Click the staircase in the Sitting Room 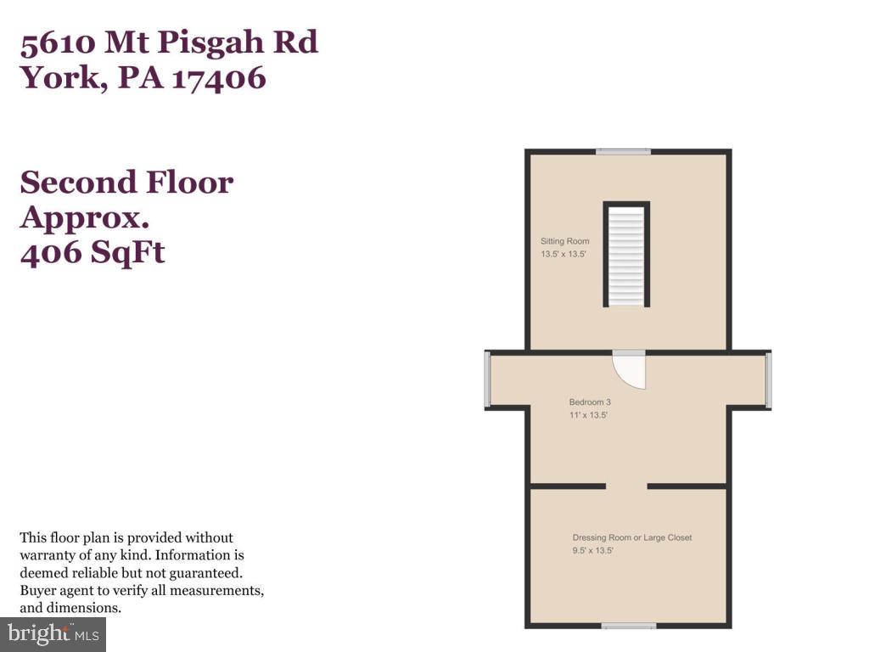[626, 254]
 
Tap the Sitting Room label [565, 241]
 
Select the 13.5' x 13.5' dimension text [564, 254]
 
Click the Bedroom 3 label [590, 402]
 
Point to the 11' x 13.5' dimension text [588, 415]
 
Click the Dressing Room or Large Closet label [632, 537]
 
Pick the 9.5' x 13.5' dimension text [592, 550]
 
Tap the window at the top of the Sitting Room [623, 152]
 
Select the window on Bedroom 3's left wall [487, 379]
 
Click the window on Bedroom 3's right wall [768, 379]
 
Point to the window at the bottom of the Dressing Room [629, 627]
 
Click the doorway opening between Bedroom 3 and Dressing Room [626, 486]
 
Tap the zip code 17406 [220, 78]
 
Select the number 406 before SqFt [51, 252]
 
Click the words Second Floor [126, 182]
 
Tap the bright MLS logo [53, 633]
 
